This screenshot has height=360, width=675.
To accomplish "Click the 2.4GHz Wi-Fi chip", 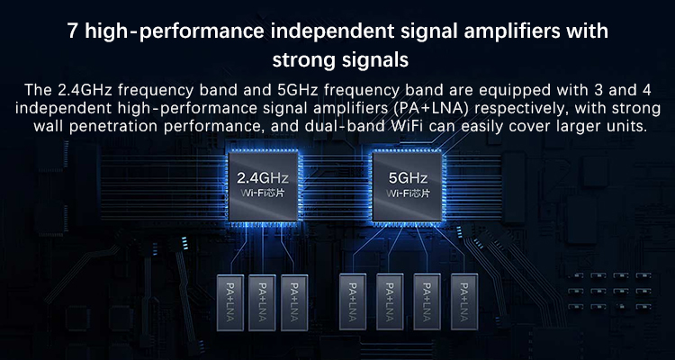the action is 263,186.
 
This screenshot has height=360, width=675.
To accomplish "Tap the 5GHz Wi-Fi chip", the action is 407,186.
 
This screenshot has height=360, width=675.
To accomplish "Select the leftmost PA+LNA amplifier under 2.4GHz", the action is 229,302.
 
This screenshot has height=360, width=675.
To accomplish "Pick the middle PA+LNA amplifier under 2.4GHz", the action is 262,302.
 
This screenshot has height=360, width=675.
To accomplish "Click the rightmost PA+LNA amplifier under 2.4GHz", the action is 294,302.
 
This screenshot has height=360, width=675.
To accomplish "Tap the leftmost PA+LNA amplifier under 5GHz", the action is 353,302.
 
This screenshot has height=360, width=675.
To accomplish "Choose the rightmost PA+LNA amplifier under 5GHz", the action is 464,302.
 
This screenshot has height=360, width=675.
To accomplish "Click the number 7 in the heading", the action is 73,32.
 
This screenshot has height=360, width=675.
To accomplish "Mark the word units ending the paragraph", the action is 627,127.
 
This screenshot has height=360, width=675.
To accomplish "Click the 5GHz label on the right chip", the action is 408,178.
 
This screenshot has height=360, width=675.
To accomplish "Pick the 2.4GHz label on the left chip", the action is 263,178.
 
